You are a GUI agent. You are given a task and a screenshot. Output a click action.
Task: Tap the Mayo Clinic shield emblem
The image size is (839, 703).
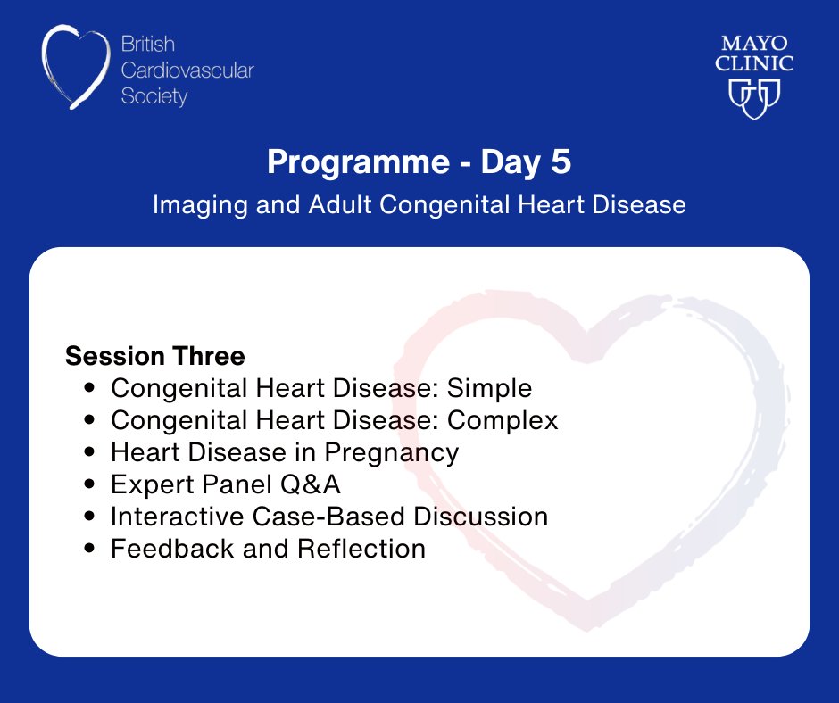754,98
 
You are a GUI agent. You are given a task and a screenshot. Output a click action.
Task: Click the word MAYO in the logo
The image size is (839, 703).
754,44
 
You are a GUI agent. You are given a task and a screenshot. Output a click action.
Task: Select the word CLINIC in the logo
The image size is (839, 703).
754,63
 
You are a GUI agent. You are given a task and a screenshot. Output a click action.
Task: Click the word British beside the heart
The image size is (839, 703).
147,44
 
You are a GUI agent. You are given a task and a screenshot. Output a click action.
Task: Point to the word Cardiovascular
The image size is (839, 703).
187,70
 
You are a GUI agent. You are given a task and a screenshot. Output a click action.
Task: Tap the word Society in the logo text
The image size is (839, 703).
154,97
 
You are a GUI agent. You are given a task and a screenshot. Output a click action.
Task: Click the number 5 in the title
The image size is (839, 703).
561,161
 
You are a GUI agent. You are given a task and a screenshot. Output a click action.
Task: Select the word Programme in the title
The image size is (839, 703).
359,162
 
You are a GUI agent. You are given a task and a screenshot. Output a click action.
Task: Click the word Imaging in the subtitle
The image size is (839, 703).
200,205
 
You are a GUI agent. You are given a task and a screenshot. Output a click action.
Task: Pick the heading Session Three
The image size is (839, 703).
155,356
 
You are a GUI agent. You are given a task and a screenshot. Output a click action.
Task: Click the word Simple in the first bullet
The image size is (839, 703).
489,389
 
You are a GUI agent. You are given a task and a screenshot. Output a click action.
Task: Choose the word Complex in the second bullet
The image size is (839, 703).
503,420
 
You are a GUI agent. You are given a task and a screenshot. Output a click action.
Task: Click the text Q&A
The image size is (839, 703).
311,484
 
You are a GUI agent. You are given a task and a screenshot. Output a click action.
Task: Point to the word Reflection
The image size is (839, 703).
361,549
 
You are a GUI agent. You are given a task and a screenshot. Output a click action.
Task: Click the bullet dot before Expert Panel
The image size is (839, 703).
89,484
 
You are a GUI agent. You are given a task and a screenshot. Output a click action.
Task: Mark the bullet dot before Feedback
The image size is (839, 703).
89,549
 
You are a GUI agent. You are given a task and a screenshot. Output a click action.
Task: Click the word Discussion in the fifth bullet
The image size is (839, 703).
480,517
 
